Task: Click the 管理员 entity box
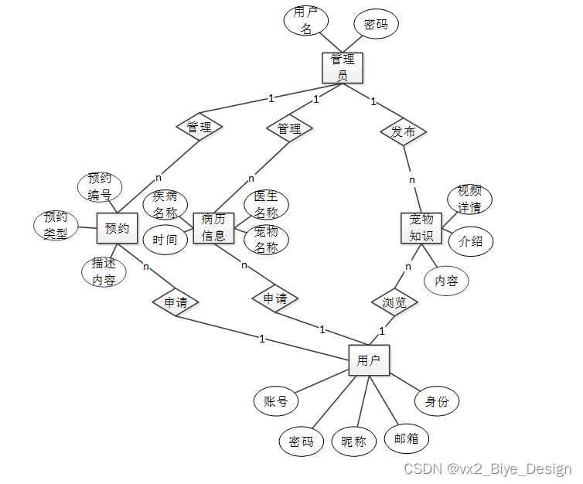click(x=342, y=67)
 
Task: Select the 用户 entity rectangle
click(x=369, y=360)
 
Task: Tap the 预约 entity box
click(x=117, y=228)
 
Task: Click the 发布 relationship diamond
click(x=403, y=131)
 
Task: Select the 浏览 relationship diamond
click(x=395, y=301)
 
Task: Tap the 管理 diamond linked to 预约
click(x=199, y=127)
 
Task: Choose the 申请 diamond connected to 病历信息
click(x=275, y=298)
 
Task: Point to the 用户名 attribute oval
click(x=306, y=21)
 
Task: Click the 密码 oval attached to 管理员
click(x=376, y=24)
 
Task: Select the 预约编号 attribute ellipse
click(x=100, y=186)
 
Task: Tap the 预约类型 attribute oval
click(x=56, y=224)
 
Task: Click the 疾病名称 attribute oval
click(x=165, y=205)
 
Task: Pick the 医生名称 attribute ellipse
click(x=266, y=205)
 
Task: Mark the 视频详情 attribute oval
click(x=469, y=199)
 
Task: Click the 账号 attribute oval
click(x=276, y=400)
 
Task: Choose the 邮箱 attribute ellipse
click(x=406, y=438)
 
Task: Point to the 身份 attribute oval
click(x=437, y=400)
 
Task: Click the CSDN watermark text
click(x=488, y=469)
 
